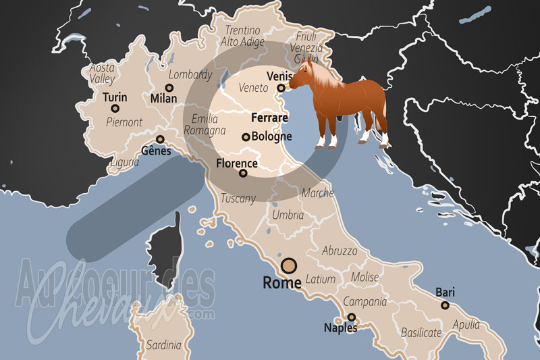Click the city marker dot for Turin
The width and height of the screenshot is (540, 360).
115,108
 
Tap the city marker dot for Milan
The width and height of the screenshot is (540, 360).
169,88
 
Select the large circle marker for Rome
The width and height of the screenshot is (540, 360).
290,265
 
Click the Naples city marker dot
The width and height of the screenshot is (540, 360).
352,317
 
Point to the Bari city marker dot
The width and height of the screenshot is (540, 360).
445,305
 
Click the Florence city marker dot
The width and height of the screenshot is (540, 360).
243,174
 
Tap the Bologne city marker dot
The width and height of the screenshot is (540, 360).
246,137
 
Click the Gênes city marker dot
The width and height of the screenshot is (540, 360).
161,138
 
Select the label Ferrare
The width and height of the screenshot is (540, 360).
269,118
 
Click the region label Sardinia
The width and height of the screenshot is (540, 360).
163,345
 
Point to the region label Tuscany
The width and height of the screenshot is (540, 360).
238,199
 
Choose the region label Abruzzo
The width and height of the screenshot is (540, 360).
340,251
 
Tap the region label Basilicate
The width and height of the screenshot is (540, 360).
421,332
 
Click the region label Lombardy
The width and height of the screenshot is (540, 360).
190,75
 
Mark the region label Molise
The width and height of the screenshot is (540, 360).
364,278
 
